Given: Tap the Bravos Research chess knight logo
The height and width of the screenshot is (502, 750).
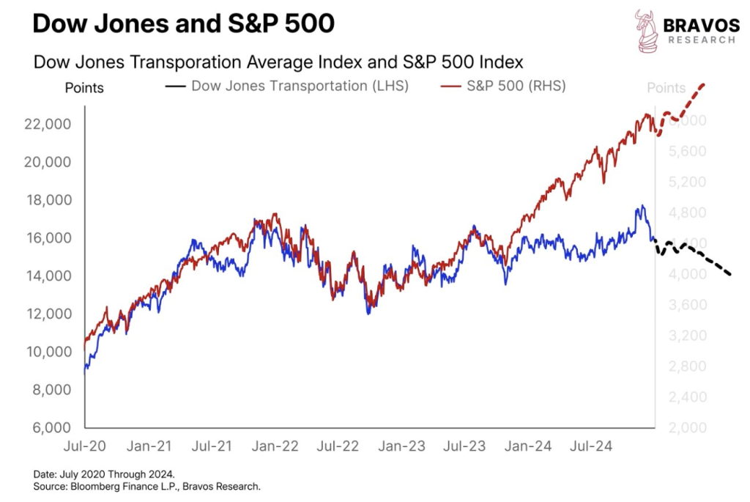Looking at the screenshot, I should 647,32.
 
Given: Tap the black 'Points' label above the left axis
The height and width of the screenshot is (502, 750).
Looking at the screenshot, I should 84,89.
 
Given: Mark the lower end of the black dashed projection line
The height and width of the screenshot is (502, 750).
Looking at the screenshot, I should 730,275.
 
